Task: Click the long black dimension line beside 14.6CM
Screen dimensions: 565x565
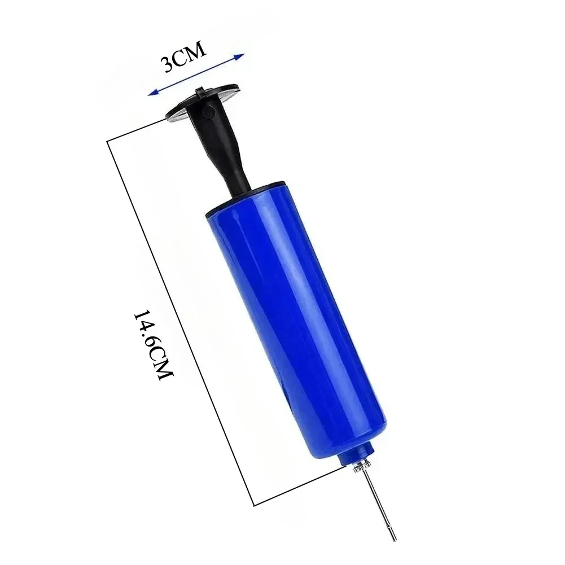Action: [x=181, y=310]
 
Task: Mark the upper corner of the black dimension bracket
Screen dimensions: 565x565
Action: [x=108, y=141]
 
